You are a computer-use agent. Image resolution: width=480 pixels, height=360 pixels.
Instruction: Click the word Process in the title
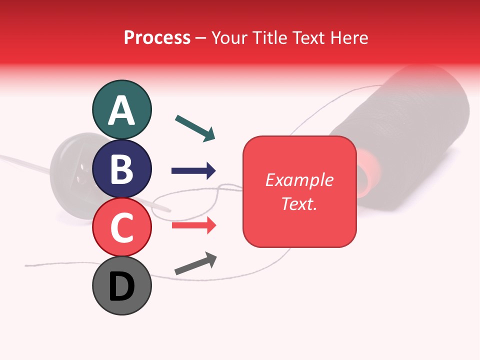tap(157, 37)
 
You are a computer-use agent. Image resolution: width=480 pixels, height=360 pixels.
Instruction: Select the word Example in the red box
tap(299, 180)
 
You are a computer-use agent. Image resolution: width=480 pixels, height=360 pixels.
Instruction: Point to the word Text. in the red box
tap(299, 203)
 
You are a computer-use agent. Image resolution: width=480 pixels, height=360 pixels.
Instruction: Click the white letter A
tap(121, 111)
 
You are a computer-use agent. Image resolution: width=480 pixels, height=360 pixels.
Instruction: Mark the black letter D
tap(121, 287)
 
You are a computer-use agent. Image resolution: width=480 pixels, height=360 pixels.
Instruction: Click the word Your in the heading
tap(229, 37)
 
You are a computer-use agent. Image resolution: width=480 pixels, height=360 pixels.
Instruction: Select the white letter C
tap(121, 227)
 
